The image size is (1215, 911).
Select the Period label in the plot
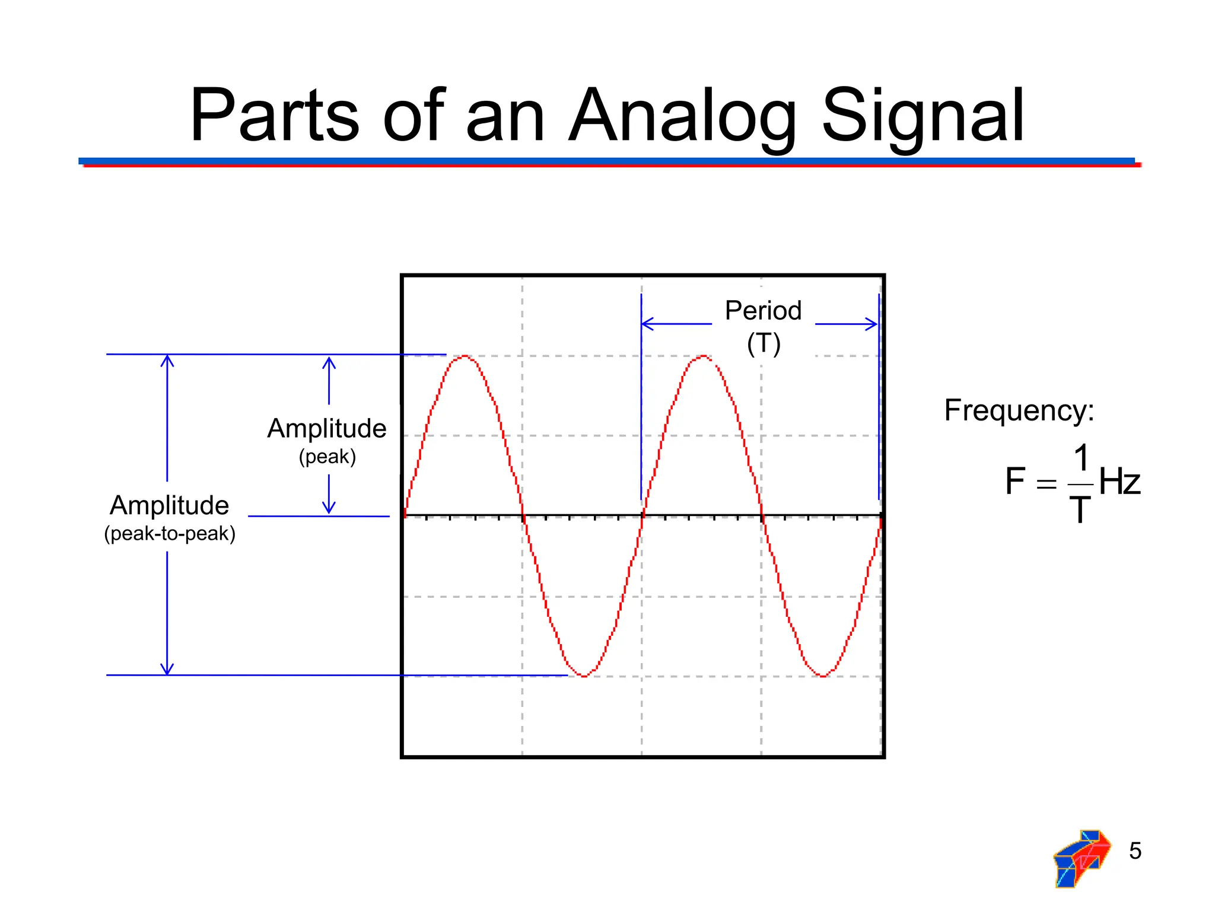(x=763, y=311)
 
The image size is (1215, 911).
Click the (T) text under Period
(x=764, y=343)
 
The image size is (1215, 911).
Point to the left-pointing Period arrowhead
(x=647, y=324)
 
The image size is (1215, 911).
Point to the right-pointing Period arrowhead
(x=872, y=324)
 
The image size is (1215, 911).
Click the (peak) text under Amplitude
(x=327, y=457)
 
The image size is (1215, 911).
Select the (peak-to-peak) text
(x=170, y=533)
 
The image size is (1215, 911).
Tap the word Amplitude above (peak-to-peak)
(x=170, y=505)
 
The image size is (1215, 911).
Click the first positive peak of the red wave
(x=465, y=356)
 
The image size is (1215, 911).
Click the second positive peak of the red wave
(x=703, y=356)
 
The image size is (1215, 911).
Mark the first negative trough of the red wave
(x=584, y=676)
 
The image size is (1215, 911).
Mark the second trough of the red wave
(x=823, y=676)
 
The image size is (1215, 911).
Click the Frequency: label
(x=1019, y=410)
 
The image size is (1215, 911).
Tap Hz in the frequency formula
(x=1119, y=481)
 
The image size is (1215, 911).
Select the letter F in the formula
(x=1015, y=481)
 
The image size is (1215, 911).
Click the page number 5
(x=1135, y=851)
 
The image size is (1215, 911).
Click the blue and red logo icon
(x=1081, y=858)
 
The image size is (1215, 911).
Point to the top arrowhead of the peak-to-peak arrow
(x=167, y=359)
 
